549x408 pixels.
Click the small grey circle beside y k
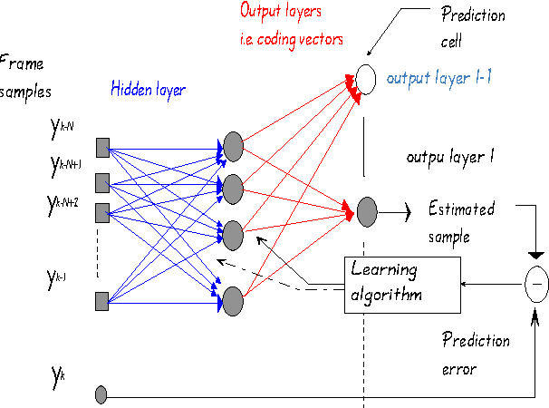(101, 394)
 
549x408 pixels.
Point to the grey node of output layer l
(367, 212)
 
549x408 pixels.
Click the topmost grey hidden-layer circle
(233, 145)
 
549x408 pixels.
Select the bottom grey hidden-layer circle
(233, 298)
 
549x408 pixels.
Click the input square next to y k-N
(102, 145)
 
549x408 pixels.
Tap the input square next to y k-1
(102, 298)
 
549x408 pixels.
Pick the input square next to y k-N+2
(102, 212)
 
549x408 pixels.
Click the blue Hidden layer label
(149, 89)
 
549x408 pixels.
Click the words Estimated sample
(462, 222)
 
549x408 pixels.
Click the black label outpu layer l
(449, 156)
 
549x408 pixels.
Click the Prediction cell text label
(472, 26)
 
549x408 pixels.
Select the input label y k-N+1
(63, 165)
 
